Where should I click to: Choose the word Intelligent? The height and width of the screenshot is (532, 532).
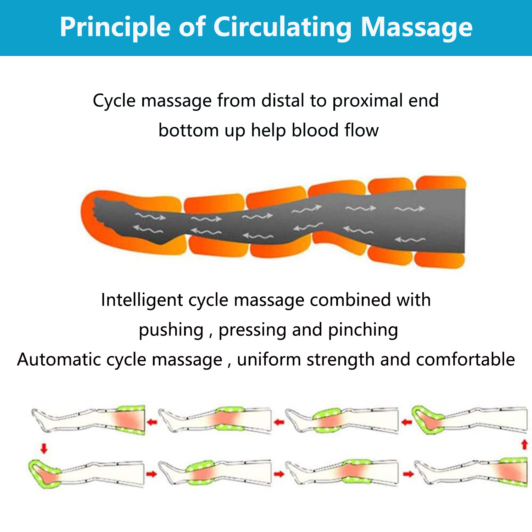pyautogui.click(x=142, y=300)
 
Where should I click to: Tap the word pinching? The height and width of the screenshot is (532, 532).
pyautogui.click(x=362, y=330)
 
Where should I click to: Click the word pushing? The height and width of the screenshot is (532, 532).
pyautogui.click(x=171, y=330)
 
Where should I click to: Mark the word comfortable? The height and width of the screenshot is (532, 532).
pyautogui.click(x=465, y=360)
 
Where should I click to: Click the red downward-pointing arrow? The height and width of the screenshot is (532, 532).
pyautogui.click(x=44, y=448)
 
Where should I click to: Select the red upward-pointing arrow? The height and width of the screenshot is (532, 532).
pyautogui.click(x=525, y=445)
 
